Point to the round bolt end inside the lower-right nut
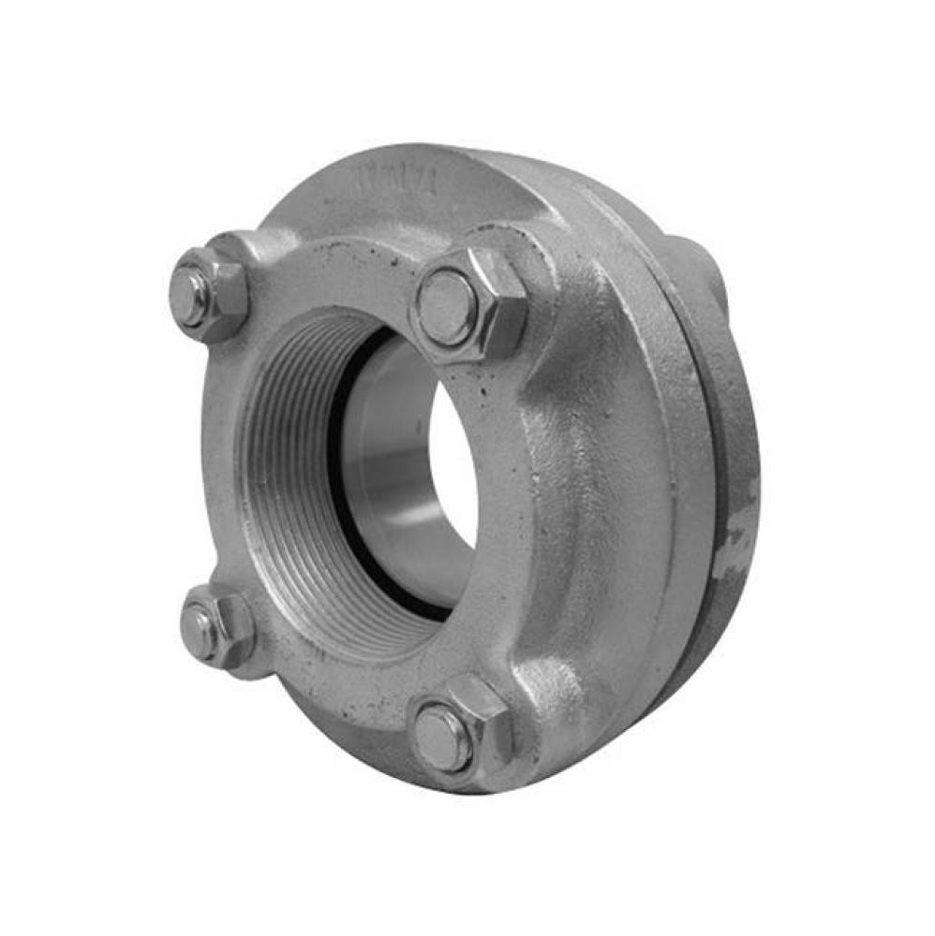[442, 737]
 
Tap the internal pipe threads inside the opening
[281, 487]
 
